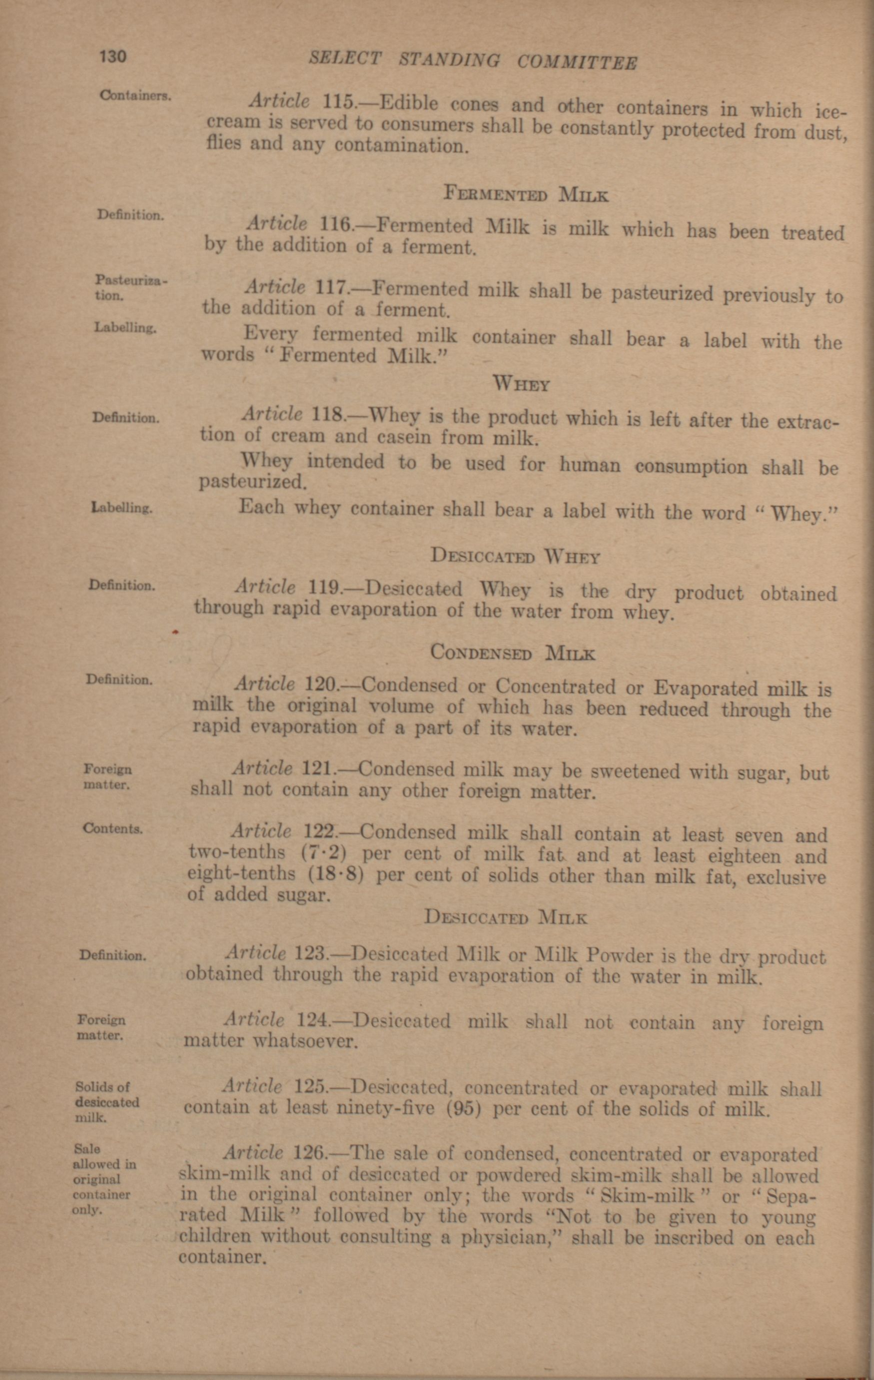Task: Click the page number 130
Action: (112, 56)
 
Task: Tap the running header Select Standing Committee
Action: (473, 60)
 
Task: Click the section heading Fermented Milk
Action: (526, 195)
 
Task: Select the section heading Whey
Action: (521, 384)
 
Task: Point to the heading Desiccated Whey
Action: (515, 557)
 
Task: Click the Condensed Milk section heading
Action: (512, 653)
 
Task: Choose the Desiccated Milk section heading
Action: (506, 917)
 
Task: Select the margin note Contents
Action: (113, 828)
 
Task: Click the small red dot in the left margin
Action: (176, 632)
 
